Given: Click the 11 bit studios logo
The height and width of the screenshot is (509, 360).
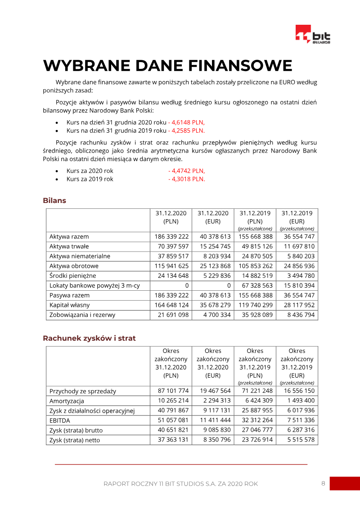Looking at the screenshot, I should point(313,35).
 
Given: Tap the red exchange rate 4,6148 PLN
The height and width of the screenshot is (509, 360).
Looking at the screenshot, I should point(186,122).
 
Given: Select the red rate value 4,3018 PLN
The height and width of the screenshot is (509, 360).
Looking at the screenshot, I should point(186,179).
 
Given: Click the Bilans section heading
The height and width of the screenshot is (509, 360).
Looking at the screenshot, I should point(54,201).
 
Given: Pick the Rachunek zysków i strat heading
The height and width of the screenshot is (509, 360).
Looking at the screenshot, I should point(89,338).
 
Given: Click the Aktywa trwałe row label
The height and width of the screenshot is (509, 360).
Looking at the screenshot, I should point(69,246).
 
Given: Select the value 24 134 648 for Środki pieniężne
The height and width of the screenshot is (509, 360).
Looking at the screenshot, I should point(171,275).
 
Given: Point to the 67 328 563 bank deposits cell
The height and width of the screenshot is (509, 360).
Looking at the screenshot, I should point(255,285).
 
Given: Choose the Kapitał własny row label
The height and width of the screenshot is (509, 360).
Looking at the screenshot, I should point(69,305).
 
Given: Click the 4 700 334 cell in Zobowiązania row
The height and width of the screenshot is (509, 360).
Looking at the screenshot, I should point(213,315).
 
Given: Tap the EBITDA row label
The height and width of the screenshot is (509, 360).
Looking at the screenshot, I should point(60,420).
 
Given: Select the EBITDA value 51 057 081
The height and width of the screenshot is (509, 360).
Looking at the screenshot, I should point(171,420).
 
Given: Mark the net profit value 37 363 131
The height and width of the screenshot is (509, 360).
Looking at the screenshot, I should point(171,440).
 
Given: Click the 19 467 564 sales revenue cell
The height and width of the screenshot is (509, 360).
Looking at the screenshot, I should point(213,391).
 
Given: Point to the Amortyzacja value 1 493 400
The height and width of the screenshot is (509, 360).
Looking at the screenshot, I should point(297,401).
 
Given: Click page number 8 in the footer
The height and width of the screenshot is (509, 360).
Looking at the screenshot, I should point(323,484).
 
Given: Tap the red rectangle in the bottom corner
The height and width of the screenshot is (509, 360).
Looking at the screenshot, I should point(345,483).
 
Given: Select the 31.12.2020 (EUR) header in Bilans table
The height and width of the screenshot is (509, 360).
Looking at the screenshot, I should point(213,217).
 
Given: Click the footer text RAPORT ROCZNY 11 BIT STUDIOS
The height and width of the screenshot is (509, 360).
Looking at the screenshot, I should point(180,484).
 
